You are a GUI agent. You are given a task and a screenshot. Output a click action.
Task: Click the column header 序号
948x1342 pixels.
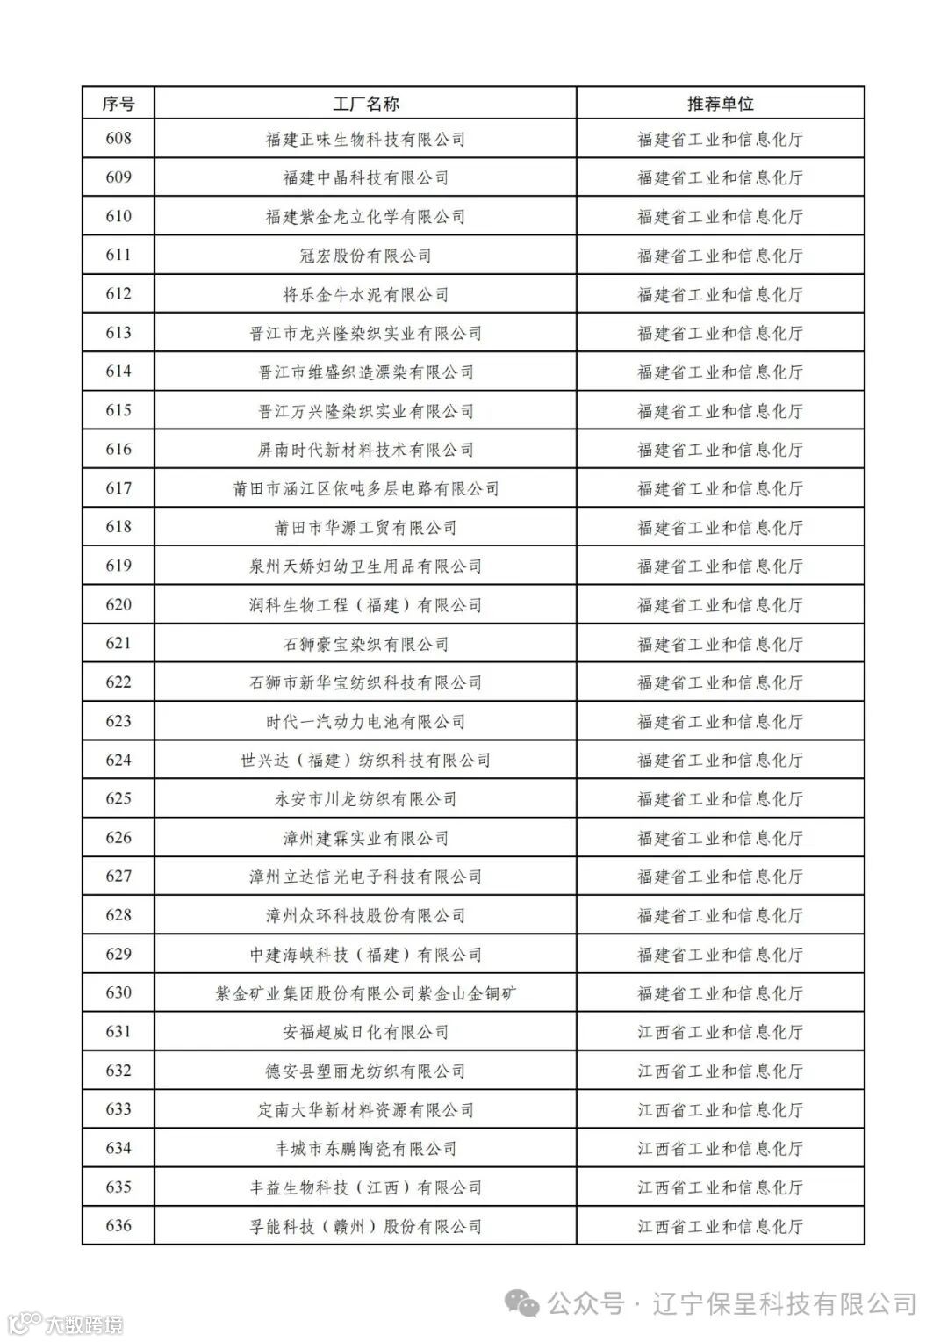tap(118, 104)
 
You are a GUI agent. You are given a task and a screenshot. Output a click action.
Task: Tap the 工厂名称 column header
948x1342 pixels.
tap(365, 104)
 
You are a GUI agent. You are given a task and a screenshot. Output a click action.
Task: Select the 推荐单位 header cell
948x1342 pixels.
tap(720, 104)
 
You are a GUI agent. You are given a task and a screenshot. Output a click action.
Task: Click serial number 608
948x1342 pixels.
tap(118, 139)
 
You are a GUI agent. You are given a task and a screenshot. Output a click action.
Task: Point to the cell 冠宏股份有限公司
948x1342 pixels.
tap(365, 256)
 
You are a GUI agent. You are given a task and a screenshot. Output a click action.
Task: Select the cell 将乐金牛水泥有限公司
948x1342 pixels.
tap(365, 294)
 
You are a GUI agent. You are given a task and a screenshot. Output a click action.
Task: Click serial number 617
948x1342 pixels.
tap(118, 488)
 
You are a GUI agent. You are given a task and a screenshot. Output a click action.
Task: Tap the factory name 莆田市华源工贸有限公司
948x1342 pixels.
tap(365, 527)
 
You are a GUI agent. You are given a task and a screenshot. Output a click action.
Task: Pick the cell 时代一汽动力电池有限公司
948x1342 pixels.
tap(365, 721)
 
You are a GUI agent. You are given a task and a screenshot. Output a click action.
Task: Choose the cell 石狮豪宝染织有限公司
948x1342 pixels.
tap(365, 644)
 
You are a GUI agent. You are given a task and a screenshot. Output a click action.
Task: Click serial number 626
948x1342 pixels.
tap(118, 838)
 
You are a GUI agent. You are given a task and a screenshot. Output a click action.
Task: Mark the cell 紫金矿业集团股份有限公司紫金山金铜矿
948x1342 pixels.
tap(365, 993)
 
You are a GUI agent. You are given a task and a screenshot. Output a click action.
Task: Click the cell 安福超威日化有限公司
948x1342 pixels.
tap(365, 1032)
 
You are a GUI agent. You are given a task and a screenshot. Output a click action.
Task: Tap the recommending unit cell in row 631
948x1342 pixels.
tap(720, 1032)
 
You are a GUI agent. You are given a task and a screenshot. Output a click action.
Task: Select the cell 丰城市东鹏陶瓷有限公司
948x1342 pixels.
tap(365, 1148)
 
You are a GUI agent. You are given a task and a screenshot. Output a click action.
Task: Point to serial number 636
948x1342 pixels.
tap(118, 1226)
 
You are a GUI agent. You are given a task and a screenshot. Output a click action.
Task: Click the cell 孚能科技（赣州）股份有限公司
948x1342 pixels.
tap(365, 1226)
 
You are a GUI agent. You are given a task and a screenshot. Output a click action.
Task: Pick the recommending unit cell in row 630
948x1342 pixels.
tap(720, 993)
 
